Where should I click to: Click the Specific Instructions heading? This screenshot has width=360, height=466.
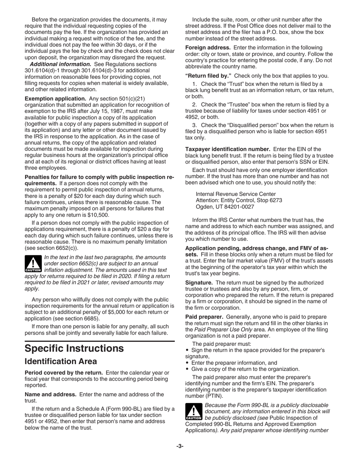click(x=74, y=348)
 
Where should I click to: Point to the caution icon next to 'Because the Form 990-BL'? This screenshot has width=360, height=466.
click(x=193, y=411)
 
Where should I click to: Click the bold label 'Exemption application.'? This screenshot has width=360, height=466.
click(x=55, y=99)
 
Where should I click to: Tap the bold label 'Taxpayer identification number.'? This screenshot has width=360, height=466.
click(x=227, y=149)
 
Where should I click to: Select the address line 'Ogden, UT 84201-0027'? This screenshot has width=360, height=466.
click(x=225, y=207)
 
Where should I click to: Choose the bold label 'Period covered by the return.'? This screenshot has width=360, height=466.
click(x=64, y=373)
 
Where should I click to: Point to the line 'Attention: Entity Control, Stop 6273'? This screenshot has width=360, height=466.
click(x=239, y=200)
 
